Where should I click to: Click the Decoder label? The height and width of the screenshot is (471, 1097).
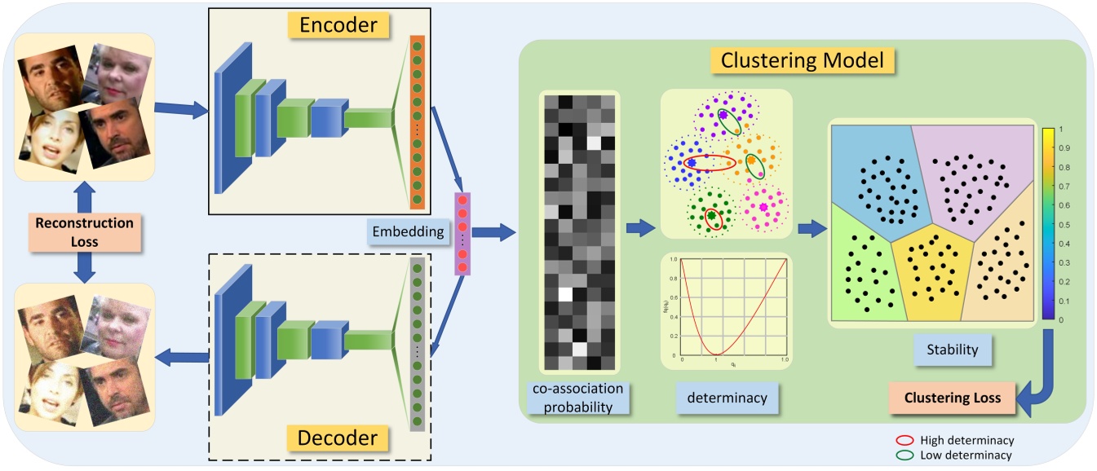click(339, 438)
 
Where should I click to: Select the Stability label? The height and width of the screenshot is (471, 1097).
click(952, 351)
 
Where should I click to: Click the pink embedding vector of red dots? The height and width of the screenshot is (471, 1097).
click(463, 233)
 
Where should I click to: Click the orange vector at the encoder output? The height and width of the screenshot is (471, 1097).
click(418, 122)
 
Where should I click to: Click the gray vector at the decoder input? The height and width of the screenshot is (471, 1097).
click(418, 342)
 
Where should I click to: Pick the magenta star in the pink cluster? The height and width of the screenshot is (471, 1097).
click(763, 208)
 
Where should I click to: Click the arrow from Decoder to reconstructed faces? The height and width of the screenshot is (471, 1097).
click(183, 354)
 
